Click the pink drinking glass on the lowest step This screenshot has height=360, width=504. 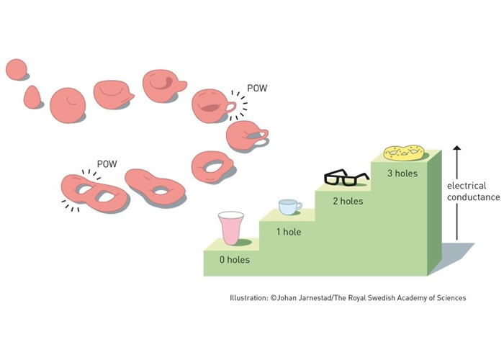(230, 229)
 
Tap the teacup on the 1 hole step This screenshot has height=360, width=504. (289, 207)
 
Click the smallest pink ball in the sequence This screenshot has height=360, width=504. (16, 70)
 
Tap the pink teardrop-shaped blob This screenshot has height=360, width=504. (33, 96)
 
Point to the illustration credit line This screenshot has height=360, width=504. (348, 297)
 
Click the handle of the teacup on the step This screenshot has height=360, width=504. (299, 206)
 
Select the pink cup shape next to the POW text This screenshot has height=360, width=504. (213, 106)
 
